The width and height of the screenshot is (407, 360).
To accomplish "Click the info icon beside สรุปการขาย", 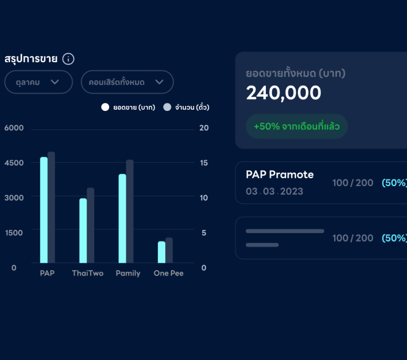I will [68, 59].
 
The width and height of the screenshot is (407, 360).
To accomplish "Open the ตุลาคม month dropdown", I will [38, 82].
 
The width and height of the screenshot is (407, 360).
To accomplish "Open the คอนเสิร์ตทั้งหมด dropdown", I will [127, 82].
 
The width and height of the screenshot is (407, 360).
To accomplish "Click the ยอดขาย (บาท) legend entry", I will [129, 107].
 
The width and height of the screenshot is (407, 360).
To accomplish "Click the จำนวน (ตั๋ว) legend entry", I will [186, 107].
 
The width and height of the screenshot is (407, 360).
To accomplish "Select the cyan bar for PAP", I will [44, 210].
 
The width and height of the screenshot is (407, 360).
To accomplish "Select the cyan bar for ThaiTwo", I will [83, 230].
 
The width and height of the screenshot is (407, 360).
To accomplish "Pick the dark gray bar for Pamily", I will [129, 211].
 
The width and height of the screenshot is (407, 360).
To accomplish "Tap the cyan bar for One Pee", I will [162, 252].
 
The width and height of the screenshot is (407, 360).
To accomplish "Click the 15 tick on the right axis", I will [203, 163].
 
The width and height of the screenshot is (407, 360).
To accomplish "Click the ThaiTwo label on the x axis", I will [88, 273].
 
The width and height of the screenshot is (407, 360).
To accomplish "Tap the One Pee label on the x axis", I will [168, 273].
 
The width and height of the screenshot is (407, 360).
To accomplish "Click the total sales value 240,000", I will [284, 93].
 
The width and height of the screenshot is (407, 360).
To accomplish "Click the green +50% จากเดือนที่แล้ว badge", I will [297, 126].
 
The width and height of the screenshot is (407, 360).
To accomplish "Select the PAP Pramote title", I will [279, 174].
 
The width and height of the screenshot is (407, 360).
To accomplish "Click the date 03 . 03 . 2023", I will [274, 191].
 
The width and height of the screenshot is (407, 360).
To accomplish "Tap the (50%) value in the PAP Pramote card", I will [393, 183].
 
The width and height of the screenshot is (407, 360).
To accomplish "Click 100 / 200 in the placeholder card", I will [353, 238].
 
